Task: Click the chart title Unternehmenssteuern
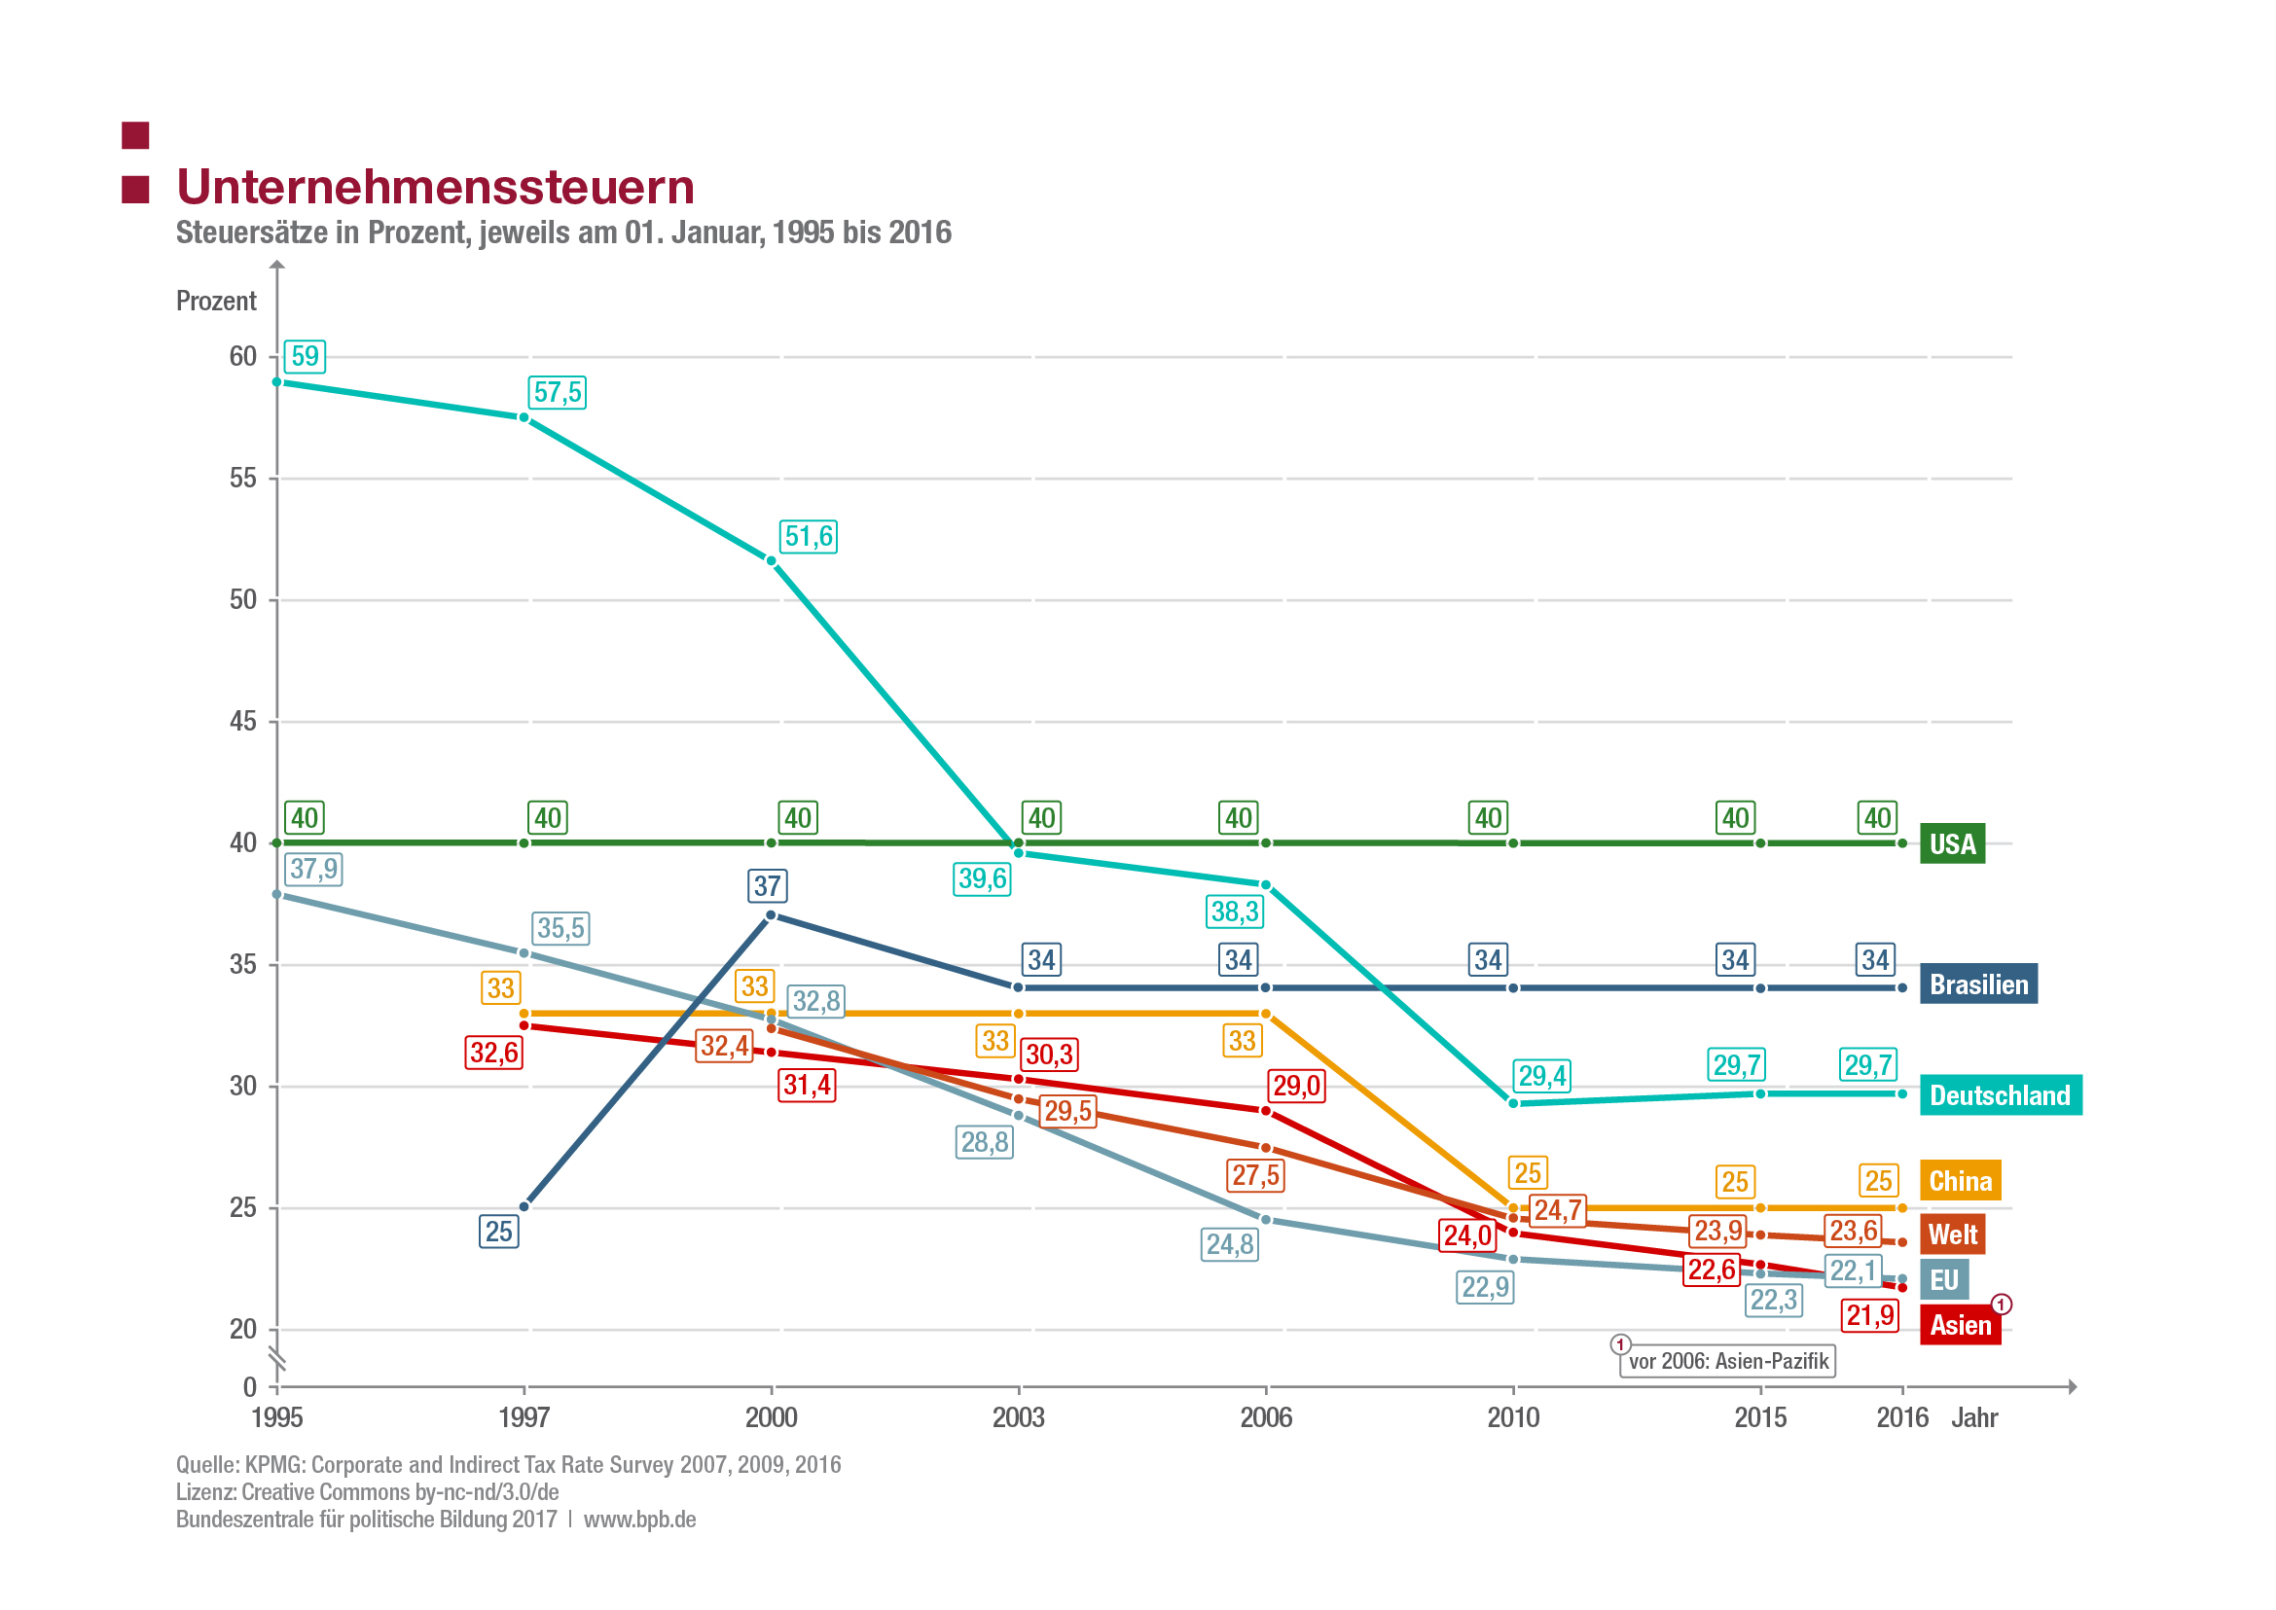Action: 435,188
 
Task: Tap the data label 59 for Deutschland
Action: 305,356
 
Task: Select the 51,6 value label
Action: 809,536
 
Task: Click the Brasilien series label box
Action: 1977,984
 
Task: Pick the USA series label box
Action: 1952,843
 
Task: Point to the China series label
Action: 1959,1181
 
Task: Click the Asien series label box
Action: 1959,1326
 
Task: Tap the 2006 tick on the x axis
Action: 1265,1417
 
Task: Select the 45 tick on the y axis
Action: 243,722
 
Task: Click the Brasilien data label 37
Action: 767,886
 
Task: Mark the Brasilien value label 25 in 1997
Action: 498,1233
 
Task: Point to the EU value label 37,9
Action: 313,870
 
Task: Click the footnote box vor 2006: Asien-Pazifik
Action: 1727,1361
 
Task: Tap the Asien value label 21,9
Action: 1869,1316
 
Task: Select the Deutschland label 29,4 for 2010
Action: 1542,1076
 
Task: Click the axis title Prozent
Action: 216,302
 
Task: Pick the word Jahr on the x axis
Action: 1973,1417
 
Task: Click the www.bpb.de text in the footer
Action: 639,1520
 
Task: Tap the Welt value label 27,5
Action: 1255,1176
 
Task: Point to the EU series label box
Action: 1943,1280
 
